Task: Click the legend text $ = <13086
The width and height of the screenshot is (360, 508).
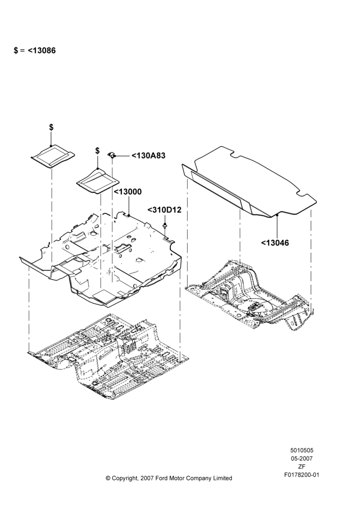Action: click(x=35, y=50)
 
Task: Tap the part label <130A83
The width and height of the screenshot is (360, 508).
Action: click(x=148, y=156)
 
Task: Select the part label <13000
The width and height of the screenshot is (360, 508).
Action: click(x=128, y=192)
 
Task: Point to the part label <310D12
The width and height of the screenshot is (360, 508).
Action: click(x=164, y=210)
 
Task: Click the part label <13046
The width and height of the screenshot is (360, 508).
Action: click(x=275, y=243)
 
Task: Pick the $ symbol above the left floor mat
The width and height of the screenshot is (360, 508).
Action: click(x=51, y=128)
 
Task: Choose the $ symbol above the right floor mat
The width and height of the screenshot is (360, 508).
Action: click(x=97, y=151)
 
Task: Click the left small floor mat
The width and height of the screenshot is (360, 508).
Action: click(x=52, y=156)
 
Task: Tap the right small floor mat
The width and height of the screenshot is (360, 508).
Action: click(x=98, y=181)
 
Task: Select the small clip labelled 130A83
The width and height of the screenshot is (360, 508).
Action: click(x=111, y=155)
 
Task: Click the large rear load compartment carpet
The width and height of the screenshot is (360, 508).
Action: click(x=249, y=181)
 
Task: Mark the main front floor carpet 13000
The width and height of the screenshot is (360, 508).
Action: click(x=101, y=259)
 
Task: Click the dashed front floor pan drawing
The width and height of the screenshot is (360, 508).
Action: click(x=109, y=357)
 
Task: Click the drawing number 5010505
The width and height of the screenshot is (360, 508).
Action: click(x=302, y=450)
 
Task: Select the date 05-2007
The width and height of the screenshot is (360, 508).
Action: click(x=302, y=458)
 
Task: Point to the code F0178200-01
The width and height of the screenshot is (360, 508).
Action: click(x=302, y=475)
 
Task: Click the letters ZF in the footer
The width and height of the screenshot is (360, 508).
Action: click(x=302, y=467)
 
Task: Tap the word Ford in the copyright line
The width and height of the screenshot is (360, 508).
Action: click(x=162, y=478)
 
